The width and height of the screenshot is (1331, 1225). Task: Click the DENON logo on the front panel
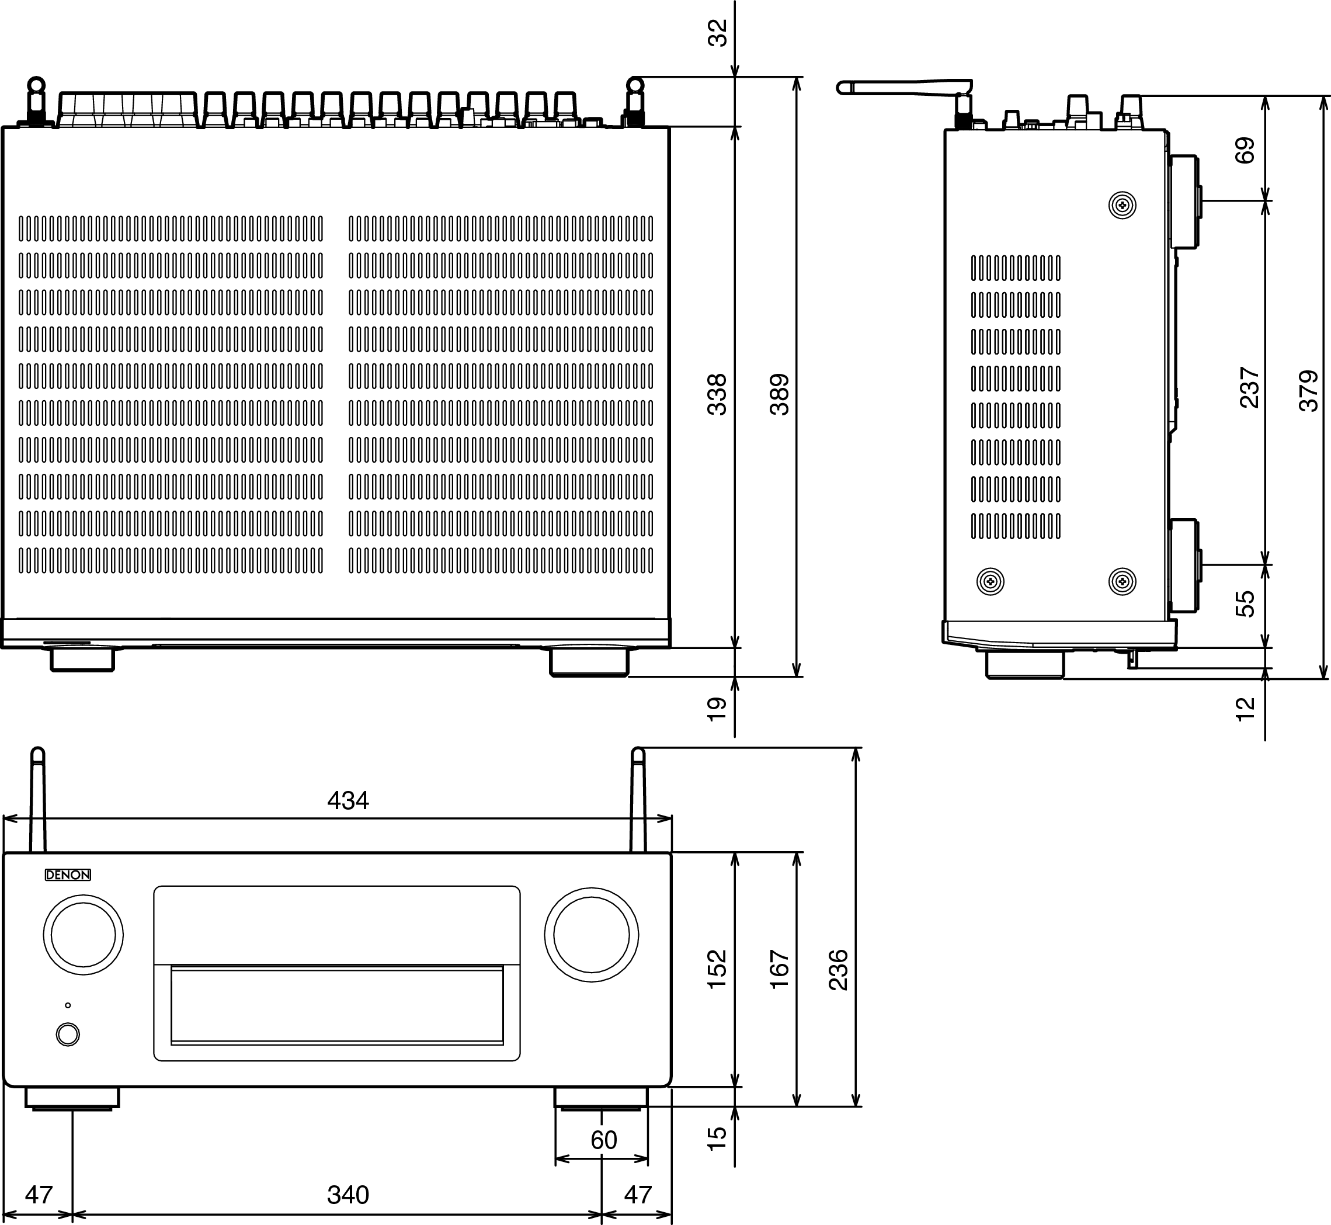[x=68, y=875]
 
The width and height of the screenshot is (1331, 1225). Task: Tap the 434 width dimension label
[x=348, y=801]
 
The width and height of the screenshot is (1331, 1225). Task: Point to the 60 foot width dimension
[x=604, y=1140]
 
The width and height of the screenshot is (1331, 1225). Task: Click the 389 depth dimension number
[x=780, y=394]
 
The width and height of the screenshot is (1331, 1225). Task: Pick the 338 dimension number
[x=717, y=394]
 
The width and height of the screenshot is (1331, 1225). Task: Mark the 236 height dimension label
[x=839, y=970]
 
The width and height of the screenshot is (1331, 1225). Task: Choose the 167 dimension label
[x=780, y=970]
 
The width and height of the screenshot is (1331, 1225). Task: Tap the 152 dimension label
[x=717, y=970]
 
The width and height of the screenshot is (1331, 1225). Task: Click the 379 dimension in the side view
[x=1309, y=391]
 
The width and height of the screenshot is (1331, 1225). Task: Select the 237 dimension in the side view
[x=1249, y=387]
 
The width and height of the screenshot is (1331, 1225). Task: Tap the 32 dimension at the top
[x=718, y=33]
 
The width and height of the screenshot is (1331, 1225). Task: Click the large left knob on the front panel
[x=84, y=935]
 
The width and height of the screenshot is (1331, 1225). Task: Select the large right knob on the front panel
[x=591, y=935]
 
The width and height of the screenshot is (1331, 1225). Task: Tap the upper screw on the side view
[x=1122, y=206]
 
